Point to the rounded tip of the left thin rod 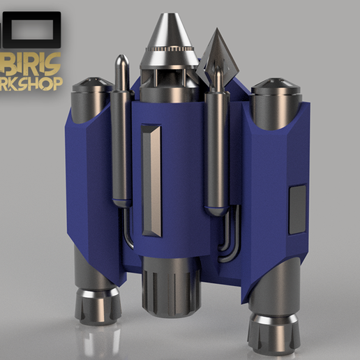click(x=123, y=61)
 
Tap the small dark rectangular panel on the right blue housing click(x=297, y=208)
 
